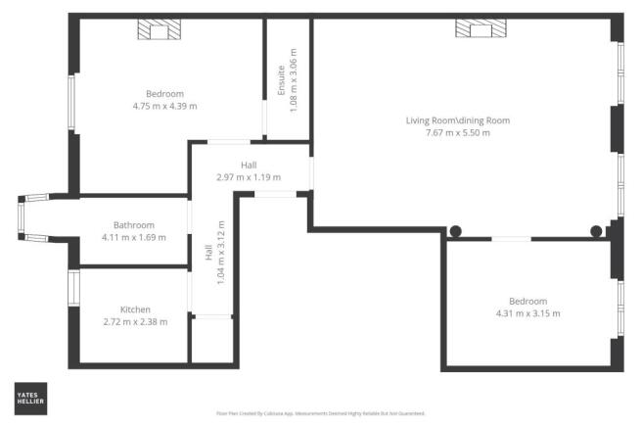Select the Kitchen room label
[135, 309]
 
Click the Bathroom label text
[134, 224]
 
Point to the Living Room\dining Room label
[458, 120]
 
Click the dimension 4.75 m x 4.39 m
[164, 106]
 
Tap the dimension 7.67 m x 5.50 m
[458, 132]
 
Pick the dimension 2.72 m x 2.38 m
[135, 321]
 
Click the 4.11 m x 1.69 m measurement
[134, 237]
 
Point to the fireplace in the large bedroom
[159, 31]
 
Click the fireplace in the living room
[480, 30]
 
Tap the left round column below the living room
[455, 232]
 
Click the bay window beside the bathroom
[23, 216]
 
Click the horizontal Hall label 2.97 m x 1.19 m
[248, 171]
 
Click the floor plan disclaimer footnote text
[320, 413]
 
